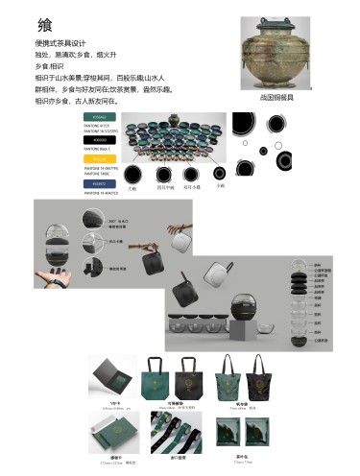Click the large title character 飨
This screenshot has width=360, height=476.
click(x=45, y=25)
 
